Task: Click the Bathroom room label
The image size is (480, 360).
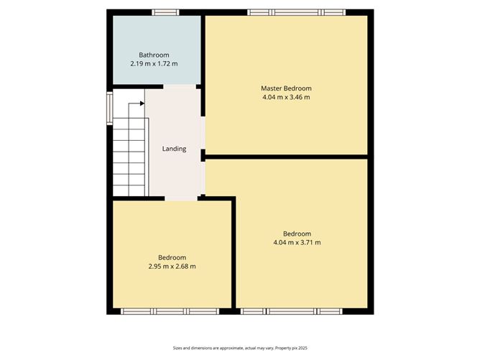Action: point(154,55)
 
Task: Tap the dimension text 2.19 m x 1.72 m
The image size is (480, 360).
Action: point(154,64)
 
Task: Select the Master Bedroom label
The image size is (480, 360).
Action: point(286,88)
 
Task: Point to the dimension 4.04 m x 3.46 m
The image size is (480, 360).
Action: point(286,97)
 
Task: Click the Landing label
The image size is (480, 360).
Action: point(174,149)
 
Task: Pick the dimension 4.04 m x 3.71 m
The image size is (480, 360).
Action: point(297,243)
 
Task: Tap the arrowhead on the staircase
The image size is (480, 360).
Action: point(142,103)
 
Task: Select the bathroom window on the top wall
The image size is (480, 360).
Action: point(165,12)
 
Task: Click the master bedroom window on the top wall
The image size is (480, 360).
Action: point(297,12)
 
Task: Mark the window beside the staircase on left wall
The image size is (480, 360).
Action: point(110,107)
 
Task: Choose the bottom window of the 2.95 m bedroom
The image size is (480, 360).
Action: point(169,311)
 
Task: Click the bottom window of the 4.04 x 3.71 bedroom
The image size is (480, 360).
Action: point(291,311)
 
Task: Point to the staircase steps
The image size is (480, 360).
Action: point(129,154)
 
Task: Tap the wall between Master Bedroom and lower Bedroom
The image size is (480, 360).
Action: point(287,156)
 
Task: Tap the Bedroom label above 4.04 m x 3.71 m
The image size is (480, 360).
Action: point(297,234)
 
